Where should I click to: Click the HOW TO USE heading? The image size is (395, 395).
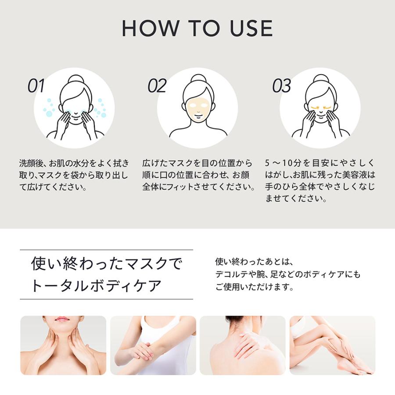[x=197, y=28]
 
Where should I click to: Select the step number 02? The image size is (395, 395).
[x=157, y=86]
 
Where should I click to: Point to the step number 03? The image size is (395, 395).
[x=281, y=86]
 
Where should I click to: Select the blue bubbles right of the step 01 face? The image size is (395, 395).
[x=101, y=108]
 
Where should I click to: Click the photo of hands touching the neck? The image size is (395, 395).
[x=63, y=345]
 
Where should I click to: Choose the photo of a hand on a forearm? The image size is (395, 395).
[x=153, y=345]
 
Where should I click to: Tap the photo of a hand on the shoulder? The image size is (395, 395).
[x=242, y=345]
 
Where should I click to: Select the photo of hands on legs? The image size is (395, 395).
[x=332, y=345]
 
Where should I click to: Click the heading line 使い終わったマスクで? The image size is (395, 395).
[x=106, y=264]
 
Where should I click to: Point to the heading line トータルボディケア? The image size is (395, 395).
[x=97, y=286]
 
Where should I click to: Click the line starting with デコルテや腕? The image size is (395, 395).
[x=287, y=275]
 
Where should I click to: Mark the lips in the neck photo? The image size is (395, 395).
[x=63, y=319]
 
